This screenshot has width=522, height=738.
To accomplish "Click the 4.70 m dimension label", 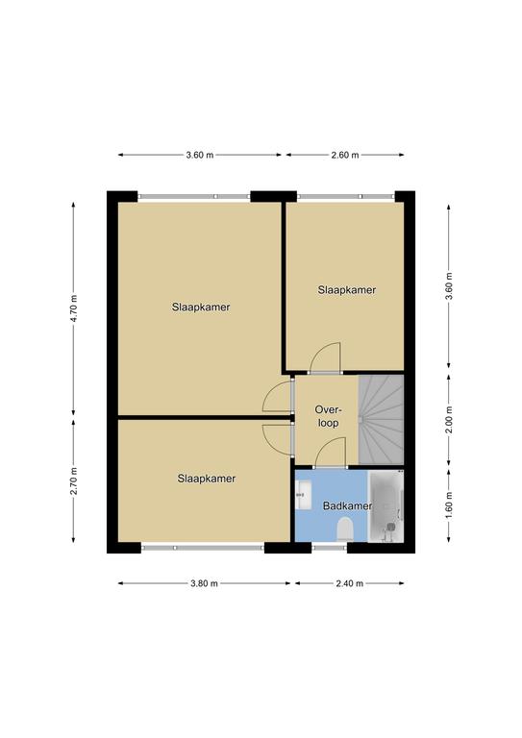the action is point(73,308).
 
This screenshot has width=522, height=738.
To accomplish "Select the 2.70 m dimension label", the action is point(73,481).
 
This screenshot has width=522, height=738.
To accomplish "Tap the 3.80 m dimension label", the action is point(204,583).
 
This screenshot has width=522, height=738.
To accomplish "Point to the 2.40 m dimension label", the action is point(350,583).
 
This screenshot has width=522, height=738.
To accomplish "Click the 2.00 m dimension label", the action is point(449,420).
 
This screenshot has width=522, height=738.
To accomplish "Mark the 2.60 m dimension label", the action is point(345,155).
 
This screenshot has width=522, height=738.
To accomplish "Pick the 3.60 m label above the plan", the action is point(200,155).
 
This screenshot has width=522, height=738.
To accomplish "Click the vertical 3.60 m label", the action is point(449,286).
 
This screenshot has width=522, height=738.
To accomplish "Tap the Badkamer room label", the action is point(347,506).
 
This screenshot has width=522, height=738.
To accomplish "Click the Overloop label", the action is point(328,416).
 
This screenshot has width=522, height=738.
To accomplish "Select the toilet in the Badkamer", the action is point(345,529).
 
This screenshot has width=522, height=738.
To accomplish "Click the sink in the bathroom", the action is point(304,495).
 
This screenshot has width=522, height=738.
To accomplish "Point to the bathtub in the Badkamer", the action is point(385,506).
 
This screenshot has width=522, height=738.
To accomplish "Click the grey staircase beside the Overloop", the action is point(382,419).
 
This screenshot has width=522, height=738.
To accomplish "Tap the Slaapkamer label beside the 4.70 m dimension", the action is point(201,307).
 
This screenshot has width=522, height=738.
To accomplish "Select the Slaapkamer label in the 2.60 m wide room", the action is point(347,290).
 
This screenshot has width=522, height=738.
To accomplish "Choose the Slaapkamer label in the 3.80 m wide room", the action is point(207,479).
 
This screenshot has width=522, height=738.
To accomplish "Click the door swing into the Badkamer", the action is point(330,453).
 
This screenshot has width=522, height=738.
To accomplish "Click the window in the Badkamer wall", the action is point(330,548).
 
